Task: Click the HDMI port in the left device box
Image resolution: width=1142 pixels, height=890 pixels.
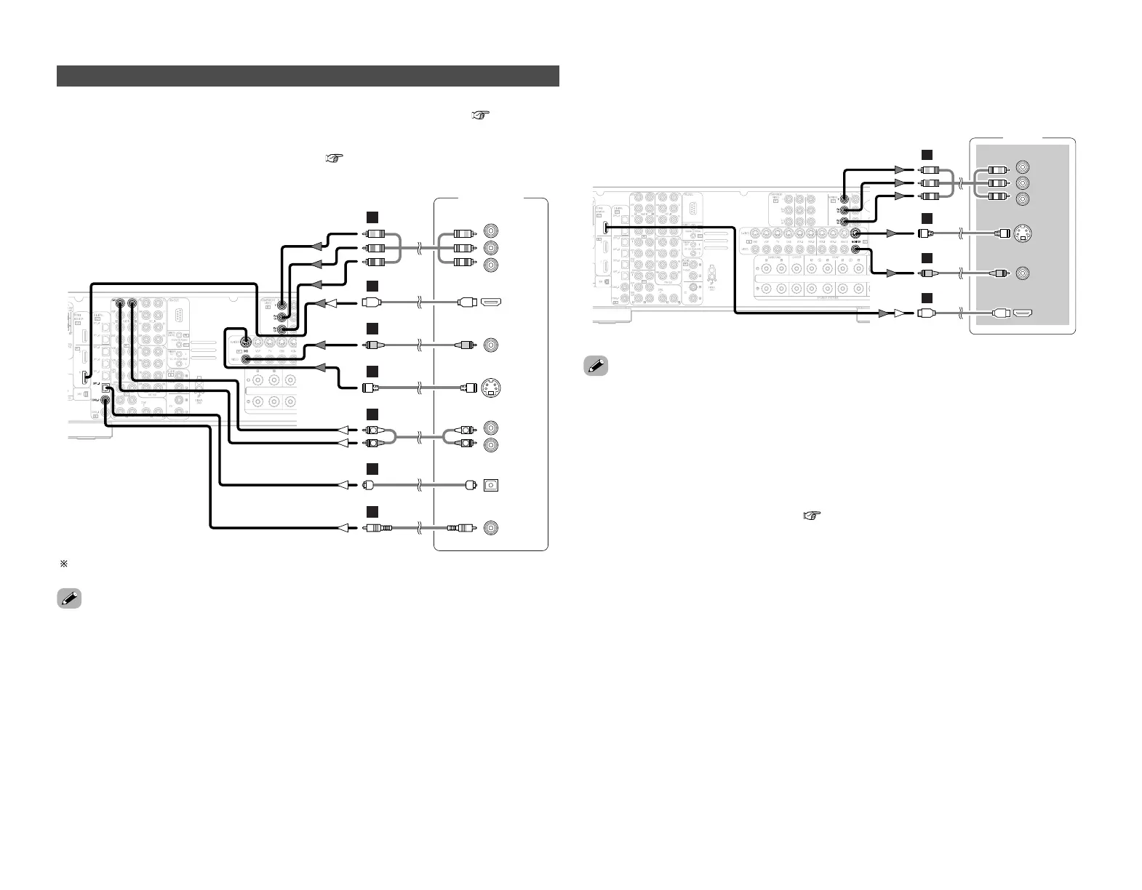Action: click(490, 302)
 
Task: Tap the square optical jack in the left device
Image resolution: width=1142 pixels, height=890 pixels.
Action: click(491, 485)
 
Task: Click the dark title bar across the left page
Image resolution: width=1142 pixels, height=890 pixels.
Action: click(308, 76)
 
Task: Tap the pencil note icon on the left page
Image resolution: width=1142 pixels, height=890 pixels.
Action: click(68, 600)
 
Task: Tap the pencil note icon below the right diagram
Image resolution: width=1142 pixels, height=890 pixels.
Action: click(596, 366)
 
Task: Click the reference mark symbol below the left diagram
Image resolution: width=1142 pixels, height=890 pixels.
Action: click(63, 564)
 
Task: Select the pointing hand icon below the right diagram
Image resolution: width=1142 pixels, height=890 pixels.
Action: click(811, 516)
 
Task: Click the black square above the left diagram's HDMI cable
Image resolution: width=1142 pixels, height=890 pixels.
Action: click(372, 286)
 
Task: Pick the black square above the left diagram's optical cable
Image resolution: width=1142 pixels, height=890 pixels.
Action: click(372, 468)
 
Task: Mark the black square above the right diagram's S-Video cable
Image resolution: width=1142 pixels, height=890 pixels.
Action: click(926, 218)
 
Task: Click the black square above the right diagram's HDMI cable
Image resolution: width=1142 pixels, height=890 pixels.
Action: click(926, 297)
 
